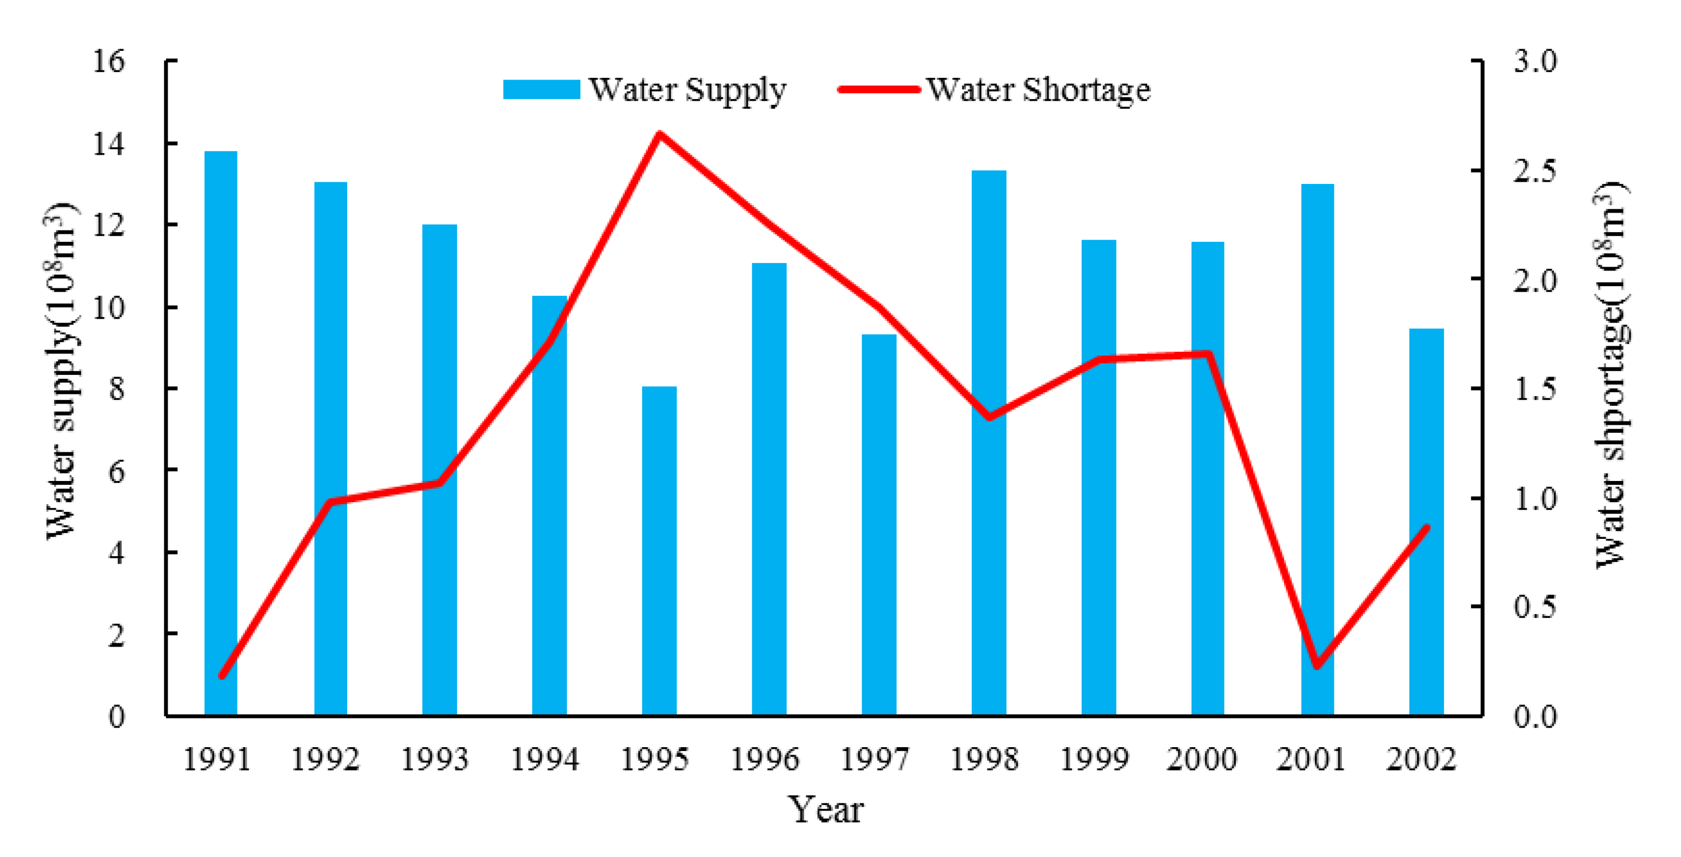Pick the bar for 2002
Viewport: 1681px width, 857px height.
(x=1426, y=522)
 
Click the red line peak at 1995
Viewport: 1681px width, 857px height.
(x=660, y=135)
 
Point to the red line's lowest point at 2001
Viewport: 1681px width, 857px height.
(x=1317, y=666)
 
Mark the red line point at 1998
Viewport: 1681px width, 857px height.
(x=989, y=417)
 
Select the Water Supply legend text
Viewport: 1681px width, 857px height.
(x=687, y=90)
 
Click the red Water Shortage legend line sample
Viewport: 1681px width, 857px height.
(x=879, y=89)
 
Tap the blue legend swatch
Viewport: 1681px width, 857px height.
(x=541, y=89)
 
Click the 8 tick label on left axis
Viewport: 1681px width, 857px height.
(x=116, y=389)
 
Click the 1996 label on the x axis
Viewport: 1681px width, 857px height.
(x=764, y=759)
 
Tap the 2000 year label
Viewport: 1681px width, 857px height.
(x=1201, y=759)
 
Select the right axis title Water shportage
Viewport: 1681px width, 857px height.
(x=1611, y=375)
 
